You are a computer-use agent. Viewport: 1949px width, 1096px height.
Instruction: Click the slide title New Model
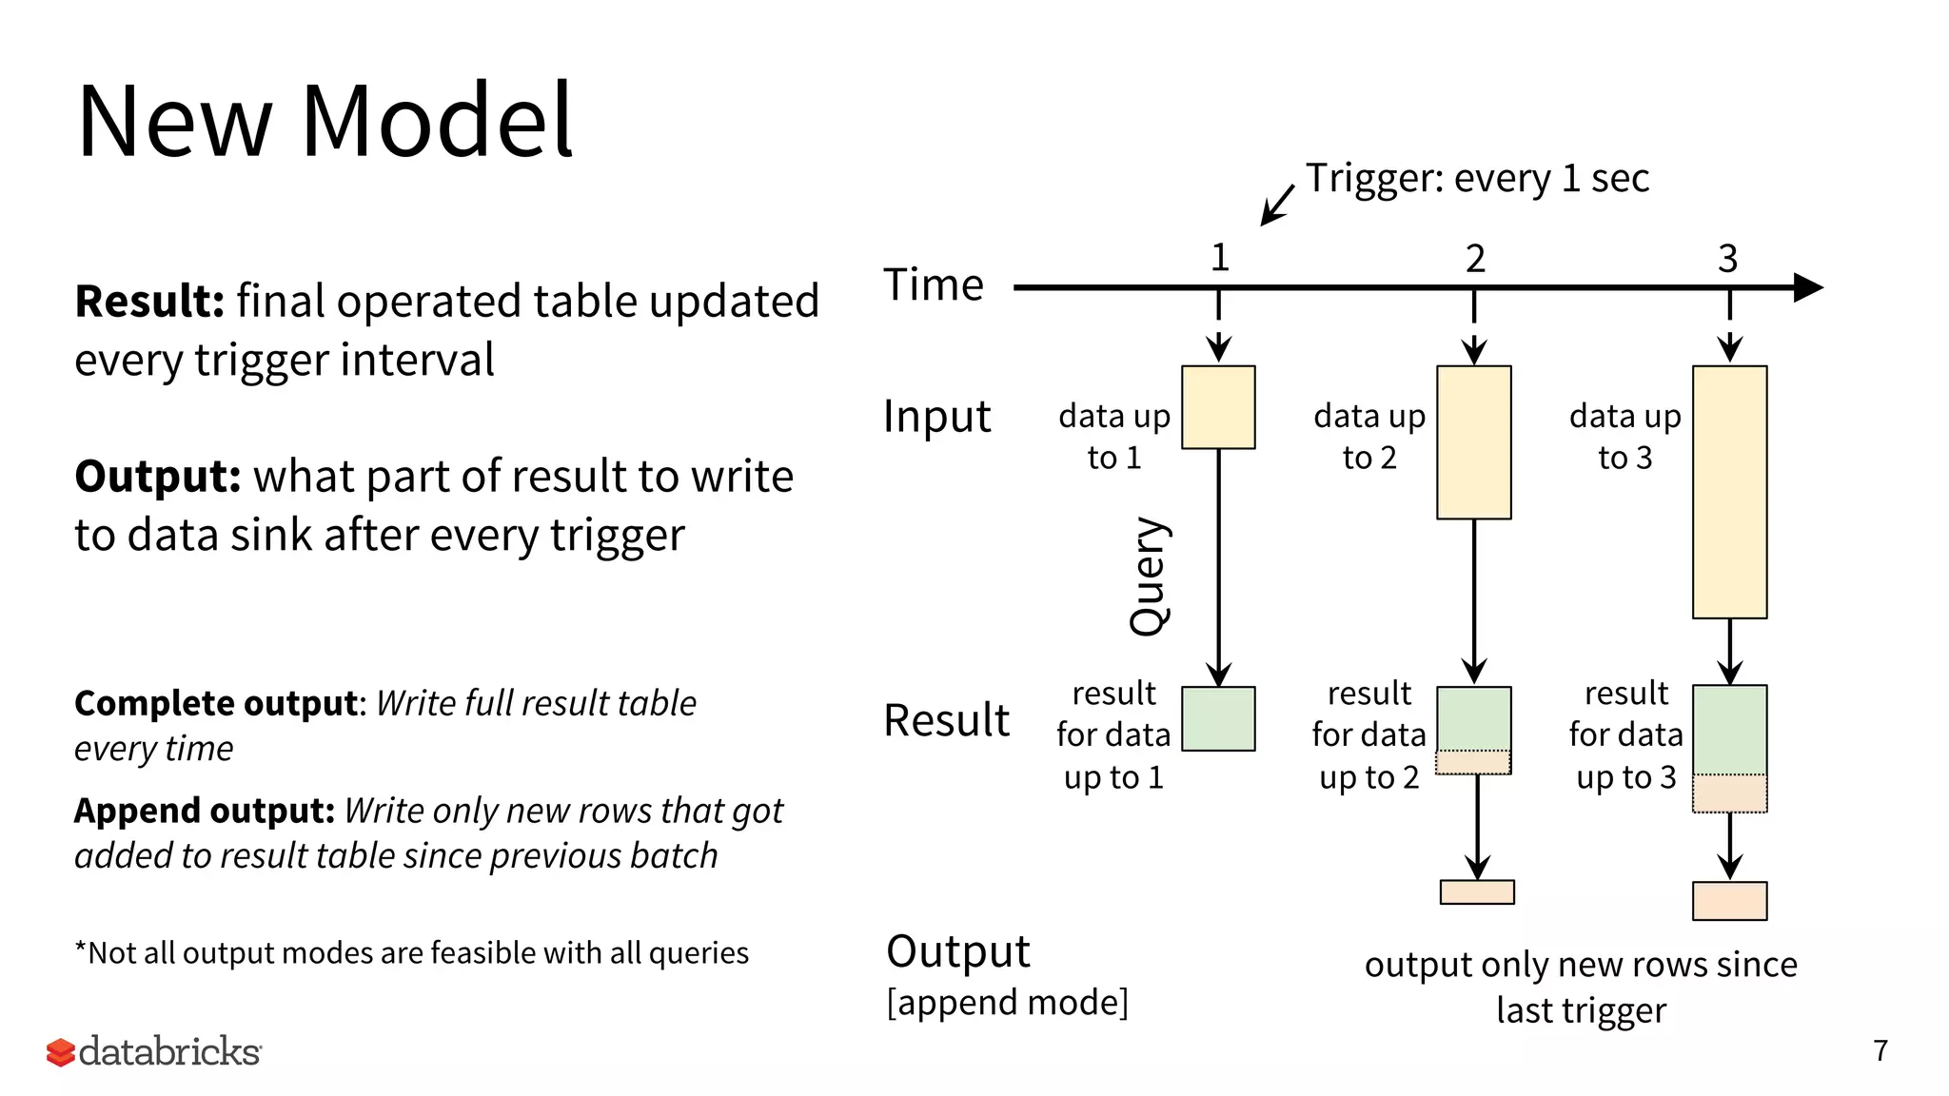[324, 122]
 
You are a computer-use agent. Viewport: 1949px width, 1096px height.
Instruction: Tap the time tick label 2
[1474, 259]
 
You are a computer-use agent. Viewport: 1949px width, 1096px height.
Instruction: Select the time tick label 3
[1728, 259]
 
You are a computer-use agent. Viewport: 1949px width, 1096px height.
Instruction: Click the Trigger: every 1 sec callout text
[1476, 179]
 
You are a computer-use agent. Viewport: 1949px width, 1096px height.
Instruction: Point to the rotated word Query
[1149, 576]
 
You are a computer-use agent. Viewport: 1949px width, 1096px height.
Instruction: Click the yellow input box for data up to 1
[1218, 407]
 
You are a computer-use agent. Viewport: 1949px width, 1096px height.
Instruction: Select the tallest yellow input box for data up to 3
[1729, 492]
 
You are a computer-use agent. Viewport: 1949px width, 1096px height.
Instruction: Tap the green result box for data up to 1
[1218, 719]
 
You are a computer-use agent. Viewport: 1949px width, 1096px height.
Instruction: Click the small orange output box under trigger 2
[1476, 891]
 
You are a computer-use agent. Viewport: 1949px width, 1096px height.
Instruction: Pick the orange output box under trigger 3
[1729, 900]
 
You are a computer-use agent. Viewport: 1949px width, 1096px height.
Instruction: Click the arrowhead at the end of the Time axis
[1808, 287]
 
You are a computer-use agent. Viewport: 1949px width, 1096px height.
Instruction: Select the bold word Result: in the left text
[149, 302]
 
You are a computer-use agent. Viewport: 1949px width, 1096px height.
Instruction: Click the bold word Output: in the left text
[158, 477]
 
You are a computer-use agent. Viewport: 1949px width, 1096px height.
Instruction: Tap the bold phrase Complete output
[217, 704]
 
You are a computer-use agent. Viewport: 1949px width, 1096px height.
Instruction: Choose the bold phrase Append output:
[205, 812]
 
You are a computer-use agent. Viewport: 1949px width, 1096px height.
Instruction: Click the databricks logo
[154, 1051]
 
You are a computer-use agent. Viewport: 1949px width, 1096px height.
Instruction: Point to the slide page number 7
[1880, 1050]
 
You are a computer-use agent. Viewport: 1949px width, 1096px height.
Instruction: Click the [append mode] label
[1007, 1003]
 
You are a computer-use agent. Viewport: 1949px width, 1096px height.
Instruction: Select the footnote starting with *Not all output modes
[411, 953]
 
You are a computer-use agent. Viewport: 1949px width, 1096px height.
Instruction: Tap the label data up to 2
[1369, 437]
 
